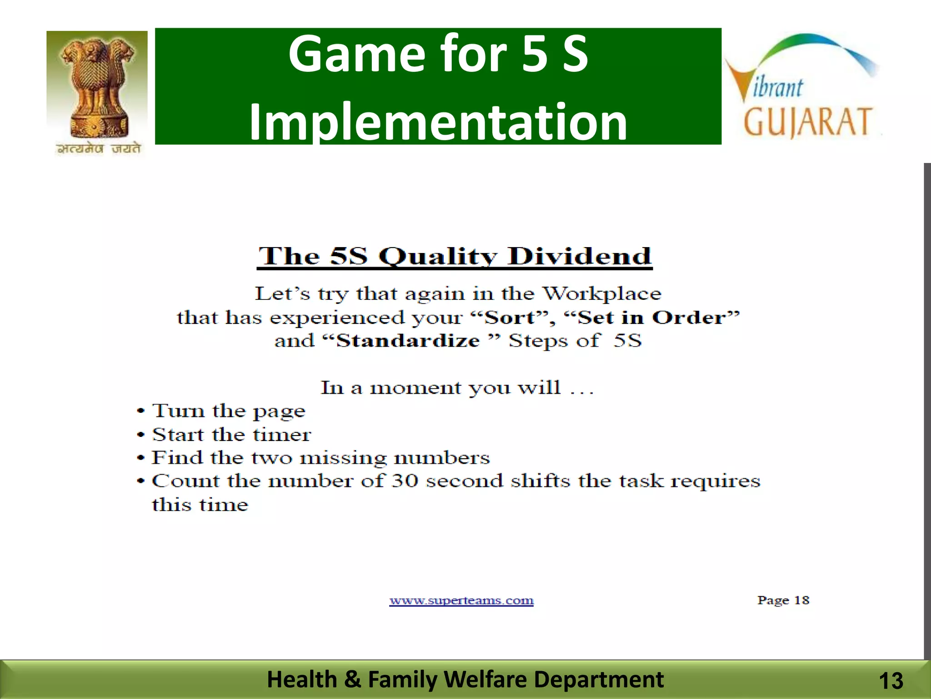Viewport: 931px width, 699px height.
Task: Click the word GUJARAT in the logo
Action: [x=807, y=122]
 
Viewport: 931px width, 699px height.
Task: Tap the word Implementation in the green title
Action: [x=438, y=122]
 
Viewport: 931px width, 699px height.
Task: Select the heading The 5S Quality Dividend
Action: [x=455, y=256]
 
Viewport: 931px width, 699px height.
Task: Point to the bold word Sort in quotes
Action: [x=510, y=318]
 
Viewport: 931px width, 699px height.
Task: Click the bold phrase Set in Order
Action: [x=652, y=318]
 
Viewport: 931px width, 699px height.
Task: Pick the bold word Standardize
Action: [x=408, y=341]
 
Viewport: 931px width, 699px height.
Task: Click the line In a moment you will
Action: [x=457, y=388]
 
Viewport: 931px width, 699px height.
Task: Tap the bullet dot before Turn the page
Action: [x=141, y=411]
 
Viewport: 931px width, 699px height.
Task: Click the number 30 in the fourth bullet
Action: [x=405, y=481]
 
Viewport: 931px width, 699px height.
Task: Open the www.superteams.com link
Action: [x=461, y=601]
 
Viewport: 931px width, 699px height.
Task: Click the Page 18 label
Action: [x=783, y=600]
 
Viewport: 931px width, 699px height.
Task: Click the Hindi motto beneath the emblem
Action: [x=98, y=149]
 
